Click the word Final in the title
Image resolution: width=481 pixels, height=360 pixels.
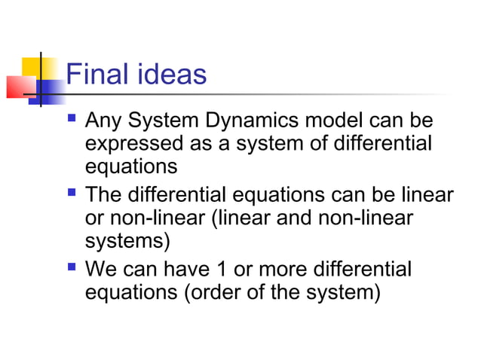[97, 75]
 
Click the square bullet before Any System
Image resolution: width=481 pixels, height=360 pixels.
[72, 119]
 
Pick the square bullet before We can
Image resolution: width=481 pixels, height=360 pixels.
[72, 267]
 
